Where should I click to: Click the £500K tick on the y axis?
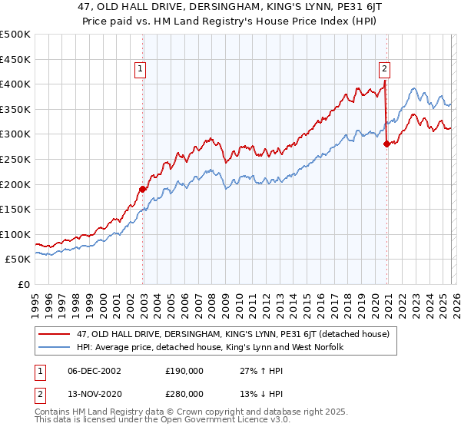tap(15, 35)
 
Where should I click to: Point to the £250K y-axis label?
tap(15, 159)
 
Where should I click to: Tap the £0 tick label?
tap(22, 284)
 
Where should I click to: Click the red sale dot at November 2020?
tap(386, 144)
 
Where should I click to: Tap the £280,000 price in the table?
tap(185, 393)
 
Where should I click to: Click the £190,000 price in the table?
tap(185, 372)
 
